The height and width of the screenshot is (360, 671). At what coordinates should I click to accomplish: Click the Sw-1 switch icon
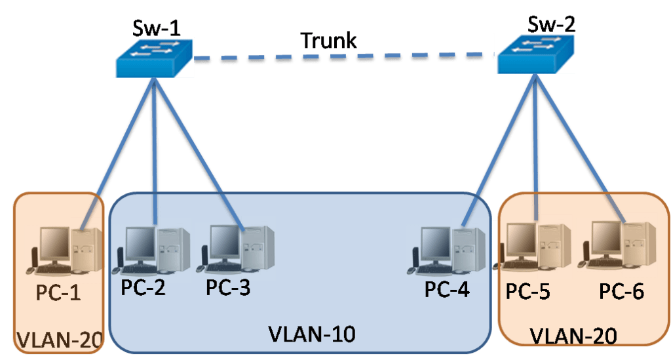153,58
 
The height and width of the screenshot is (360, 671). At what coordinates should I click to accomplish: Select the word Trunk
328,40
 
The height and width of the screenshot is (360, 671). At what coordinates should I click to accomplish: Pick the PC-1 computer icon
64,249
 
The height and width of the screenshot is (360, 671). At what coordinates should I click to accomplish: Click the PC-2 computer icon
151,249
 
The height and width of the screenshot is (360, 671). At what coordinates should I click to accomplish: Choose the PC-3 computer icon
235,248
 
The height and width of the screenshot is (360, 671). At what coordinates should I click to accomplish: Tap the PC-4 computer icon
447,249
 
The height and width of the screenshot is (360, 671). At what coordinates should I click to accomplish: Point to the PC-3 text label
228,288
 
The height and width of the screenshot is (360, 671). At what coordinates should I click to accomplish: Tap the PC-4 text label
447,290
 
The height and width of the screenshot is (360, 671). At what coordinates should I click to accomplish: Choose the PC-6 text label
622,291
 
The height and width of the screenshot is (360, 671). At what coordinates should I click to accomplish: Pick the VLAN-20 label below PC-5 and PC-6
573,336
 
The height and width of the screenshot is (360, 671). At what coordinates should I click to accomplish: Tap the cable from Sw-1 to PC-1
125,138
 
